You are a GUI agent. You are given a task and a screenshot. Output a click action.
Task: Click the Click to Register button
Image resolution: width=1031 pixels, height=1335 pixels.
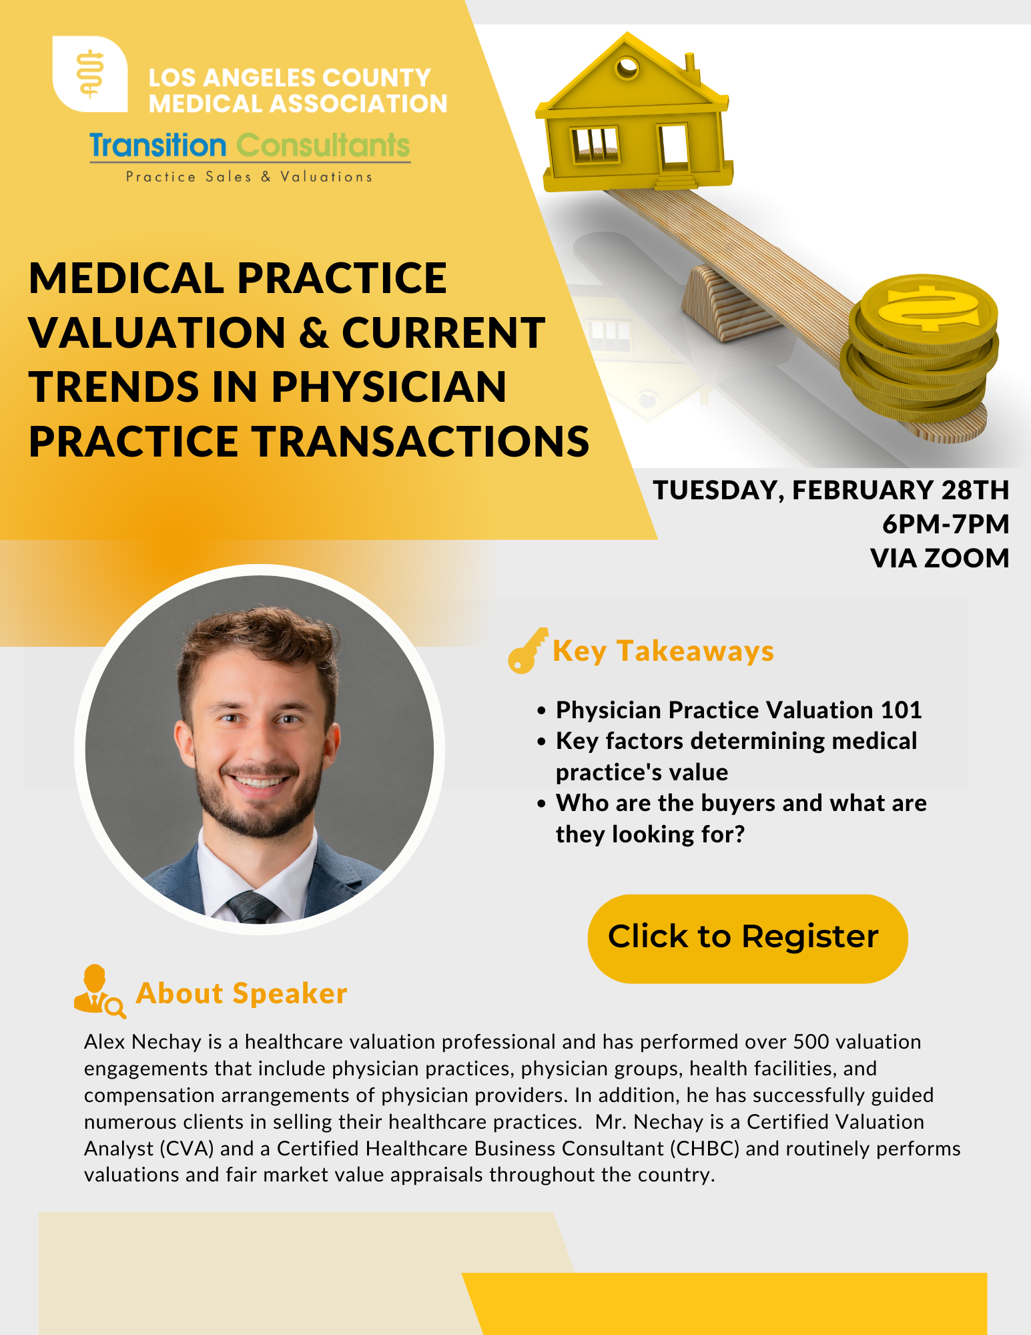747,938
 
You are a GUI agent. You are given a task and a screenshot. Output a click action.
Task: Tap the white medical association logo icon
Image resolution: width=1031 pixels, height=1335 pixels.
90,74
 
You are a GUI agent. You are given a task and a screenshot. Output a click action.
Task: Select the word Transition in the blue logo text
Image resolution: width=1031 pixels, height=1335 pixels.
158,146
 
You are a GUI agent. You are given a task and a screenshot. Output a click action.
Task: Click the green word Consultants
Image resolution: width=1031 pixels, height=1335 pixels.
323,146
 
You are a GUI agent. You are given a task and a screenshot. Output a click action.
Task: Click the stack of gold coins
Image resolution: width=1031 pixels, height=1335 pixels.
921,354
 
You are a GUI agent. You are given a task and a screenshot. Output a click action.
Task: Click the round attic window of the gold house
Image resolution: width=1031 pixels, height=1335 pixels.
627,67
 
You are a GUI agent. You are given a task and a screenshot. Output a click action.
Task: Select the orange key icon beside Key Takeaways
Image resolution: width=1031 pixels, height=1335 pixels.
527,651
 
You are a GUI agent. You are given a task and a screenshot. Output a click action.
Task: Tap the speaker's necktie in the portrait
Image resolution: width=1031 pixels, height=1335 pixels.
252,908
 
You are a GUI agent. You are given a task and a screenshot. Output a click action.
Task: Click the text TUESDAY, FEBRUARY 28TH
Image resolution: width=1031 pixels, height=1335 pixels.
831,491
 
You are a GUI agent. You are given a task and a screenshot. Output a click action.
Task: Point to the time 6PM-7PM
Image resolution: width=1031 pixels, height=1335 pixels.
946,525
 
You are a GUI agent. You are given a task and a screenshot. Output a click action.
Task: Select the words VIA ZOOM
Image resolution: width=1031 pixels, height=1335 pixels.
940,559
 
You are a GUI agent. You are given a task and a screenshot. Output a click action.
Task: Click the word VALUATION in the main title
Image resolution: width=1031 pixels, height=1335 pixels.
157,333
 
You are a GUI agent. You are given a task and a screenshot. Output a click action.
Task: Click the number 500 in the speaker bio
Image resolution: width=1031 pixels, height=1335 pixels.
811,1042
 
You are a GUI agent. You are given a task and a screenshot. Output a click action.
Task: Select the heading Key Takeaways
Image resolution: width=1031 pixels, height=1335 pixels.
663,651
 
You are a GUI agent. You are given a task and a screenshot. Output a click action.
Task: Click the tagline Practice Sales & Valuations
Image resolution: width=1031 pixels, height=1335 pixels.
249,177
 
